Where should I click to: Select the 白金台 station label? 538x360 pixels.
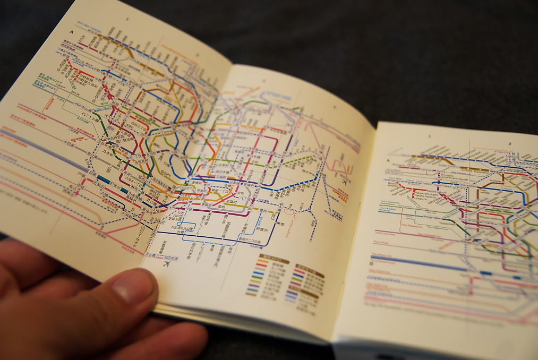[x=118, y=187]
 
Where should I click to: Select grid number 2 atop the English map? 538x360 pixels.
[x=508, y=143]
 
